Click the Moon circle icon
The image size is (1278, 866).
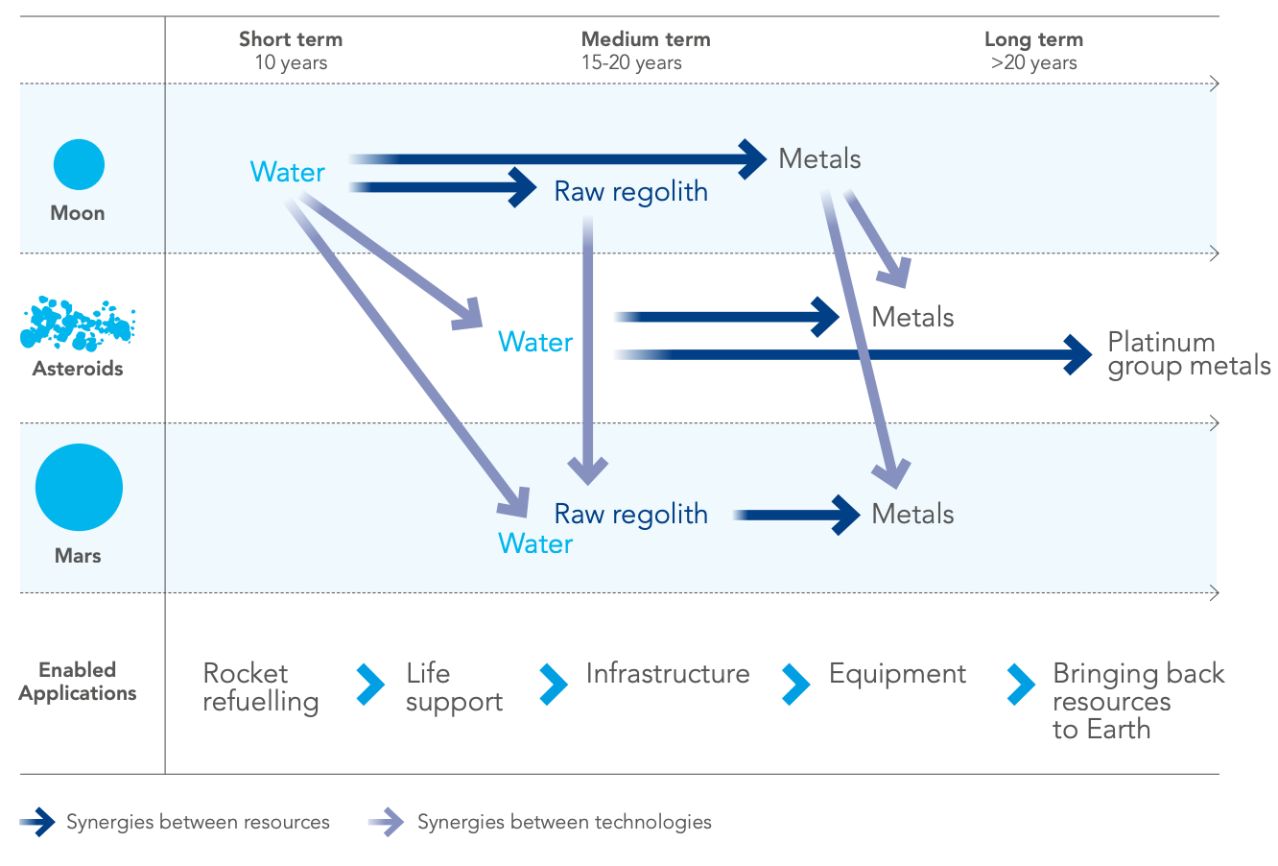79,164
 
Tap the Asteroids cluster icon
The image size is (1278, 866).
78,324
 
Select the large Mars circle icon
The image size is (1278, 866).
79,487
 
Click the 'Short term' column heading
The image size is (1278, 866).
291,38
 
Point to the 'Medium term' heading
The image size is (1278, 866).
646,38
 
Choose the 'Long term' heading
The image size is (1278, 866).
1033,39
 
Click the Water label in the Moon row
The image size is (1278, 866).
288,172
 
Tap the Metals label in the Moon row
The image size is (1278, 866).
819,158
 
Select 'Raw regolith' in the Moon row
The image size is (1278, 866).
630,192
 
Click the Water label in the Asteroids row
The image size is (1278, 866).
535,342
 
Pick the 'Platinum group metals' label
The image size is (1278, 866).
1189,355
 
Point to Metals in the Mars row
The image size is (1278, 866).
912,514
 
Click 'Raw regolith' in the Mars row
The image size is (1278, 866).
630,515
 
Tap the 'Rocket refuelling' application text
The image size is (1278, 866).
260,687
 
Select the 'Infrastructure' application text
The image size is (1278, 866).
668,674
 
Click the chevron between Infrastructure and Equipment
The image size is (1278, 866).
796,684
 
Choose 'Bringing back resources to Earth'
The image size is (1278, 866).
1138,701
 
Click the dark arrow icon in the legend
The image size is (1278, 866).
37,822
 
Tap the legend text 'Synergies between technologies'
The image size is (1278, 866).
564,822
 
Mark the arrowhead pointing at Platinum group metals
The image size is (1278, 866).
1078,354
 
